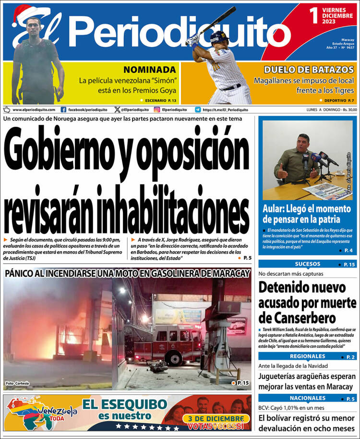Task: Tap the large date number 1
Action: (x=314, y=16)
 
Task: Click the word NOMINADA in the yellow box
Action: (x=149, y=69)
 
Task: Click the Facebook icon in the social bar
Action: (x=64, y=110)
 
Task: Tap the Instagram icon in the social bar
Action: (x=156, y=110)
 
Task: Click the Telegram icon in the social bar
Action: (x=198, y=110)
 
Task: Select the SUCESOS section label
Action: (x=307, y=264)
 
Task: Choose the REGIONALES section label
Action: (x=307, y=356)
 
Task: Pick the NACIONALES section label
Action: (x=307, y=398)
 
